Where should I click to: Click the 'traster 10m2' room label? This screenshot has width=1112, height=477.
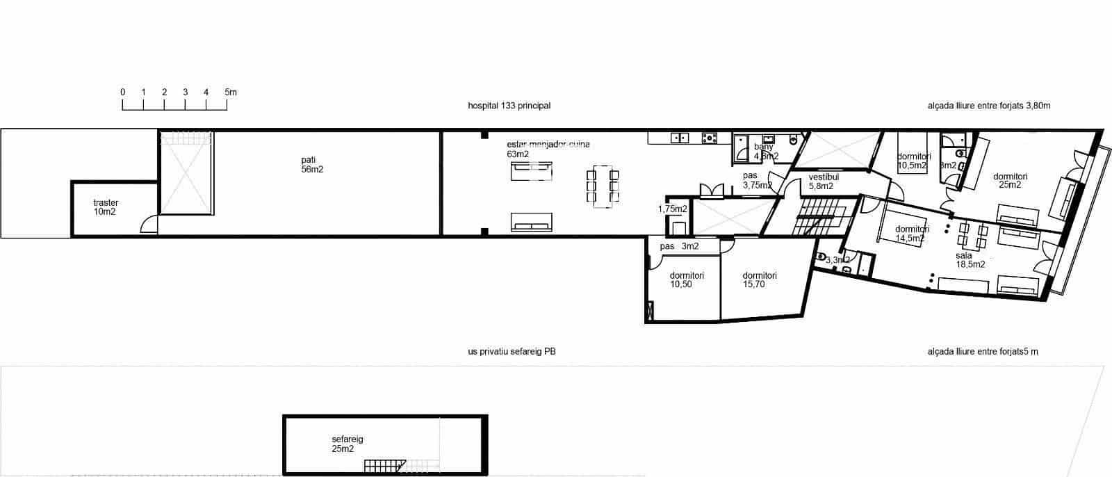tap(106, 207)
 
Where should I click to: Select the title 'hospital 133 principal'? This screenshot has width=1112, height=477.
tap(509, 106)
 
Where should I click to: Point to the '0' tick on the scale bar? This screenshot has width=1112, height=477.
tap(123, 92)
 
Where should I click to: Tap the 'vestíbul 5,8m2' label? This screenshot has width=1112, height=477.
tap(824, 182)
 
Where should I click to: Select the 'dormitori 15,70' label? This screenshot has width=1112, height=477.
tap(759, 280)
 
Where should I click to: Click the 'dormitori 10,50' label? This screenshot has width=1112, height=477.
tap(687, 280)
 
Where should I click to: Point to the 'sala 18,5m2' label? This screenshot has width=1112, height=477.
tap(970, 260)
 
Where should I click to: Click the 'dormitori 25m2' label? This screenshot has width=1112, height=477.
tap(1010, 180)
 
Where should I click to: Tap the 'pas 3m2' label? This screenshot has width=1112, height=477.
tap(679, 246)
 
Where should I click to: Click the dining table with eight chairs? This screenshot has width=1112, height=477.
tap(603, 186)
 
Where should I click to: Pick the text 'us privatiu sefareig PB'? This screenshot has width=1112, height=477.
tap(512, 352)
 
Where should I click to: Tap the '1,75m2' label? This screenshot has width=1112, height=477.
tap(672, 209)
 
